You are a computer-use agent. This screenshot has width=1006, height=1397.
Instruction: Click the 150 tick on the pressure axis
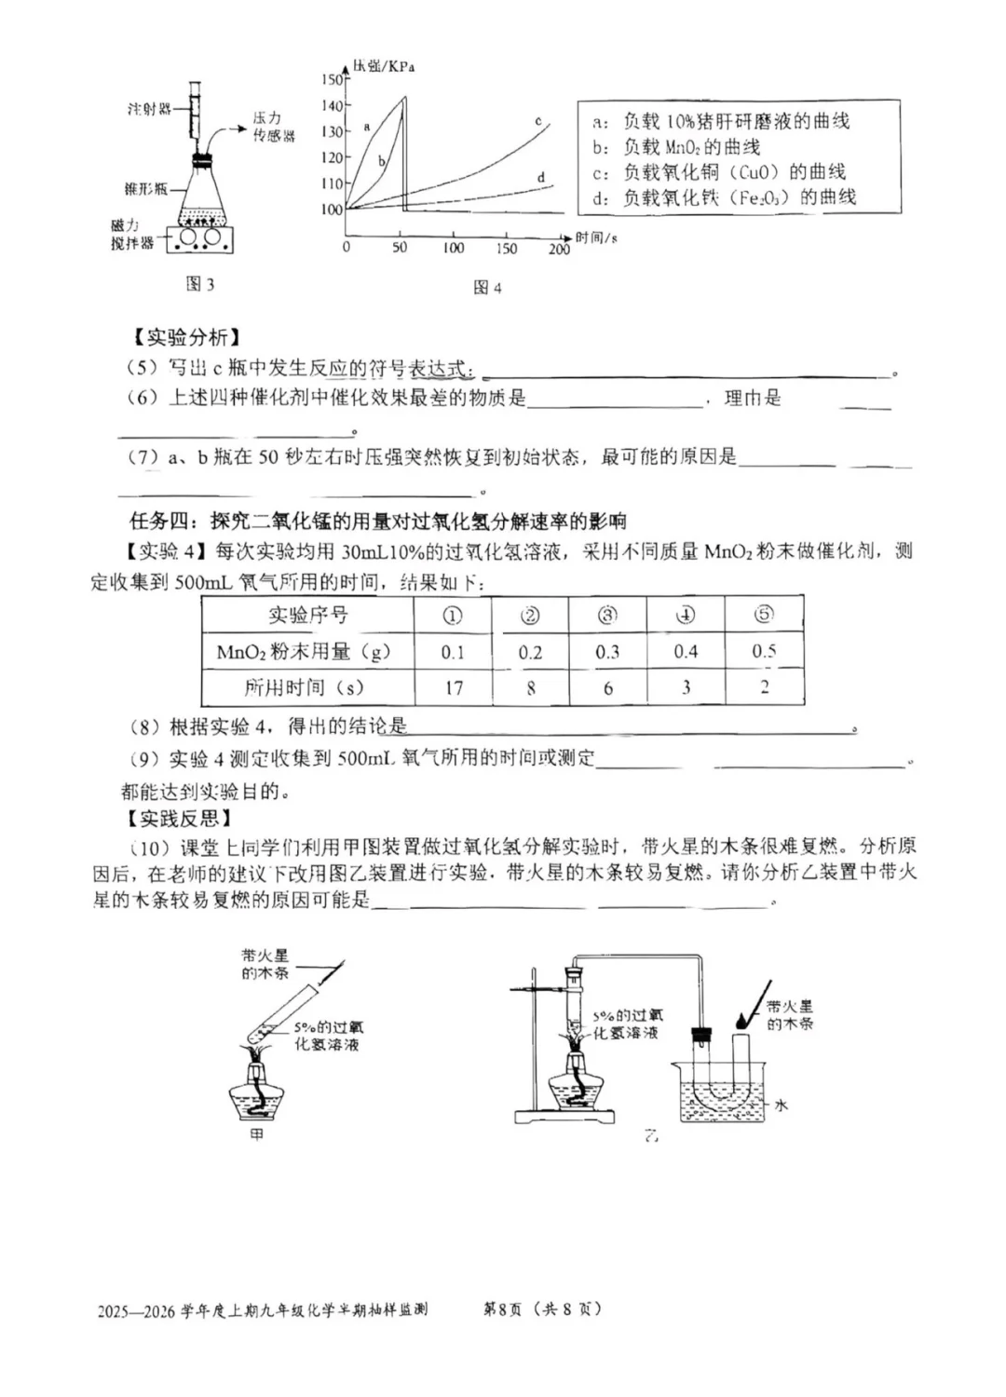point(333,80)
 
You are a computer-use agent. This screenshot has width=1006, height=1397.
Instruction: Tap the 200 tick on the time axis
point(559,249)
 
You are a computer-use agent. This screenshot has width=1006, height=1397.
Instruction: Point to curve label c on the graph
point(538,121)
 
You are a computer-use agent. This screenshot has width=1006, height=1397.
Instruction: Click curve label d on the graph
point(541,177)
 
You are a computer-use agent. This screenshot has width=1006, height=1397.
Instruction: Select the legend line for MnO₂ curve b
point(676,147)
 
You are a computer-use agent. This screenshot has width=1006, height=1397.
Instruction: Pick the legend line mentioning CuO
point(718,172)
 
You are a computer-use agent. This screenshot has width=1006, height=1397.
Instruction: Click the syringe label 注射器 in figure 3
point(149,110)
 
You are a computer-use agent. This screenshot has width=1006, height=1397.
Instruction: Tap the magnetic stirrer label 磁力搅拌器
point(131,235)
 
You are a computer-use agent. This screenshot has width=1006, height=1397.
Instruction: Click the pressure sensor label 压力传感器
point(273,127)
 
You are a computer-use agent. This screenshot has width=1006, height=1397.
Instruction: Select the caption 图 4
point(486,288)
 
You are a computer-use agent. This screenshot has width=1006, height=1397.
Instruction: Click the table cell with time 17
point(453,688)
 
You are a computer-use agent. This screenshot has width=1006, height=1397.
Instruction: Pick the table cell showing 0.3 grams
point(607,652)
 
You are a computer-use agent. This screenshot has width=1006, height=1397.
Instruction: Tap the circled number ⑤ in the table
point(764,615)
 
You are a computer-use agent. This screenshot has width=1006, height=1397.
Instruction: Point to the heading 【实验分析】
point(182,337)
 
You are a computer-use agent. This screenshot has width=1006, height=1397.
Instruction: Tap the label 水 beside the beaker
point(781,1105)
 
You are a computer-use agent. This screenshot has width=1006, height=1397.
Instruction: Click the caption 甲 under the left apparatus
point(257,1134)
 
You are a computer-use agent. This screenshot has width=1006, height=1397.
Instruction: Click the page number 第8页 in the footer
point(501,1309)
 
